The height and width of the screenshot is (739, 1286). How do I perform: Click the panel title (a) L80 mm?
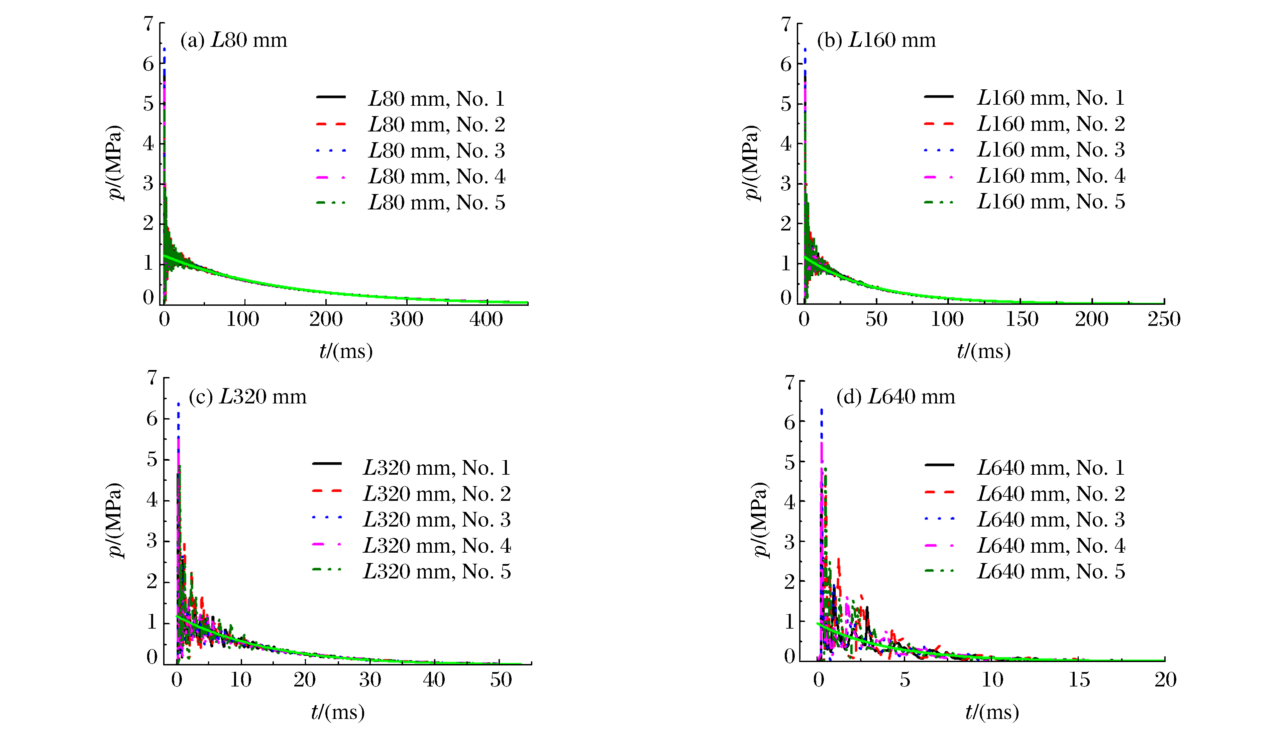[233, 40]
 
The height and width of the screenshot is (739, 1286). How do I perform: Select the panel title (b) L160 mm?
[876, 40]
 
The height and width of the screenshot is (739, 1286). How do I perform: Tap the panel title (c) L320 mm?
[247, 397]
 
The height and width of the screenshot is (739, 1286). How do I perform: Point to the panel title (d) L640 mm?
[895, 397]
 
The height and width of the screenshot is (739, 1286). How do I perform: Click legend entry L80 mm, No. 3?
[436, 151]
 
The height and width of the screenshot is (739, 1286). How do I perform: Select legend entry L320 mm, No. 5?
[436, 571]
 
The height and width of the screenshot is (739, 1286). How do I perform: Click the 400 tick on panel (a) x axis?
[486, 319]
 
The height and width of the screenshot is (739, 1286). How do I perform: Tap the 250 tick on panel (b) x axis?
[1164, 319]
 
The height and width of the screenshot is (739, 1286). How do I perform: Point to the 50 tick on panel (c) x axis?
[500, 679]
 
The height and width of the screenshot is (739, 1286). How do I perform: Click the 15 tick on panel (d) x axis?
[1079, 679]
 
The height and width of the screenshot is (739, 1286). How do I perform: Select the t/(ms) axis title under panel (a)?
[346, 351]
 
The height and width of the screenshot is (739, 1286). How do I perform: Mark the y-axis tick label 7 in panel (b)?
[786, 24]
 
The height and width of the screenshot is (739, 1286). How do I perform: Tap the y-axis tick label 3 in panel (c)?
[152, 541]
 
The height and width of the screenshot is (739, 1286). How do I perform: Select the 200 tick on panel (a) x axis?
[326, 319]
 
